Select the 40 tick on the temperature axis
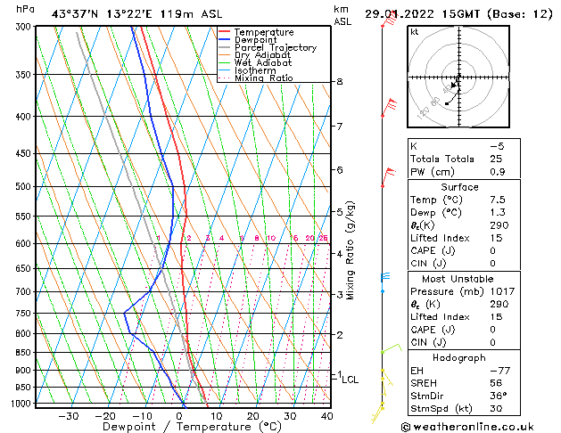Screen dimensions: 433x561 point(326,415)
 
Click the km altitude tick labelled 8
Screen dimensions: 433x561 point(340,82)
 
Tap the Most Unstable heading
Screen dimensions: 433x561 point(459,278)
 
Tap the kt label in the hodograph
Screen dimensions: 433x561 point(414,31)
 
